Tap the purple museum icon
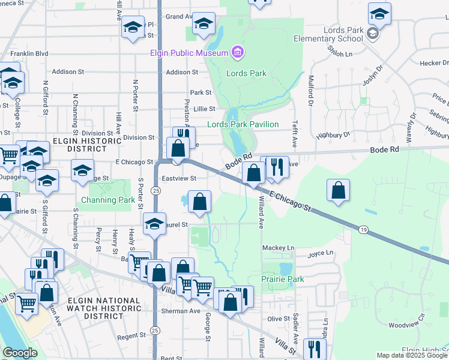(238, 53)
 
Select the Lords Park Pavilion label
(243, 124)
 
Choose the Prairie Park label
(282, 279)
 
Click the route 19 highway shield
(364, 230)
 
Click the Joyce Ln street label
(319, 254)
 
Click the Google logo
(20, 353)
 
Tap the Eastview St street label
(179, 178)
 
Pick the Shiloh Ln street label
(340, 54)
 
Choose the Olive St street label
(278, 319)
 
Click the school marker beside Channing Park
(82, 170)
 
